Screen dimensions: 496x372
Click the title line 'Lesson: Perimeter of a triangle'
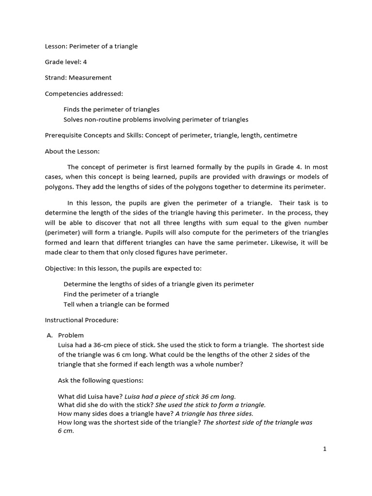click(91, 46)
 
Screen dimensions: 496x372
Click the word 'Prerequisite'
click(63, 135)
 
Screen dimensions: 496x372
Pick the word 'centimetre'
click(280, 135)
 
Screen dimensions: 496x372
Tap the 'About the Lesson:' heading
click(72, 151)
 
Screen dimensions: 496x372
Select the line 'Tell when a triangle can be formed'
click(116, 304)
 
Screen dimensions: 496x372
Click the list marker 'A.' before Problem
click(49, 335)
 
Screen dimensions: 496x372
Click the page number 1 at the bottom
click(325, 449)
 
